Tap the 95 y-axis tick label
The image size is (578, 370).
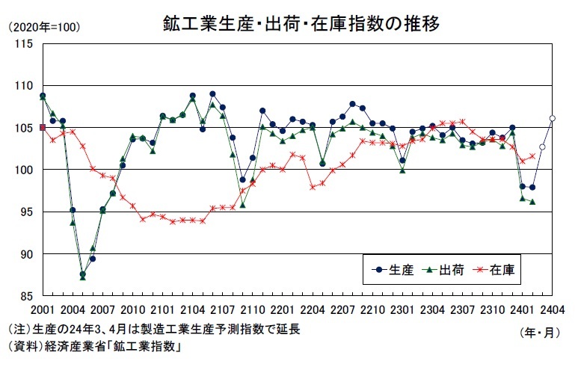[x=26, y=212]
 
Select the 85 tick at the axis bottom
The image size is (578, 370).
[x=26, y=296]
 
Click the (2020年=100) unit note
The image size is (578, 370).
[x=43, y=28]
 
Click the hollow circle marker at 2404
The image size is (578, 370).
[x=552, y=118]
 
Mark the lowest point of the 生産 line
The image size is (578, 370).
[x=82, y=274]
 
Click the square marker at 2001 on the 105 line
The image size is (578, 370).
[x=43, y=128]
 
